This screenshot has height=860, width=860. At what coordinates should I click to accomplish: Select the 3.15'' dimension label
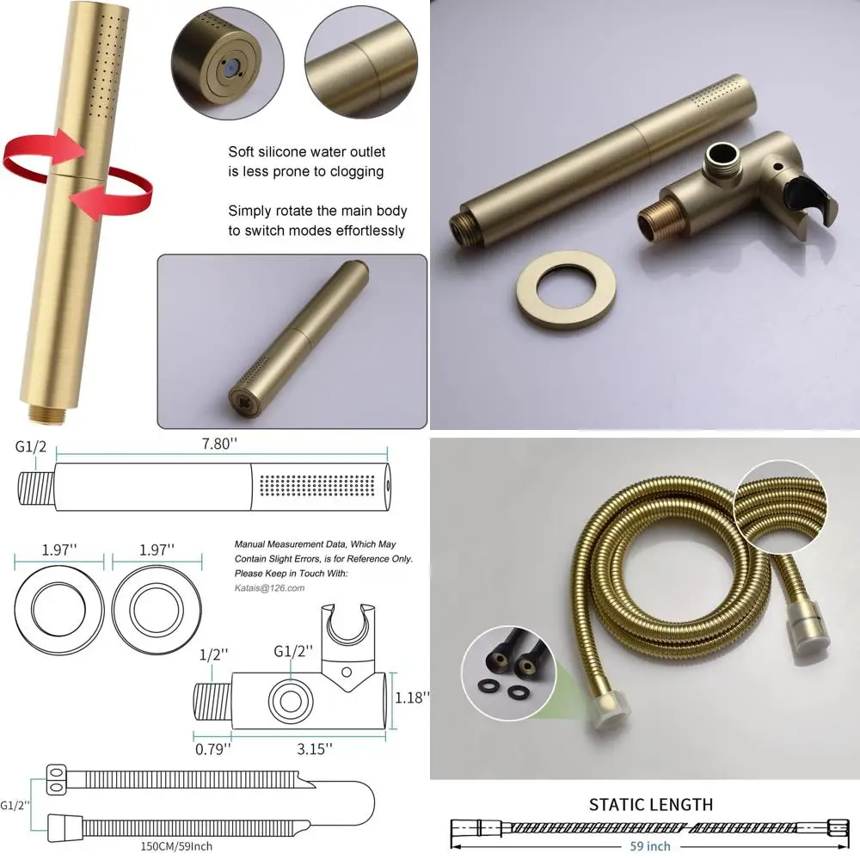click(315, 749)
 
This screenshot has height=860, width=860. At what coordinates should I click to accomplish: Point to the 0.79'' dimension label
click(212, 749)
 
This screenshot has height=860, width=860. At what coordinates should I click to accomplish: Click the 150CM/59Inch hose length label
click(176, 845)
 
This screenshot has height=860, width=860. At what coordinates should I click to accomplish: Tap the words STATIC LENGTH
click(650, 805)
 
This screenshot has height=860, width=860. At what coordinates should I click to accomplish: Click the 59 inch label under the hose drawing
click(650, 846)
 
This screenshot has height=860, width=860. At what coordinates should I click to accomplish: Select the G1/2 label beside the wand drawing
click(32, 447)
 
